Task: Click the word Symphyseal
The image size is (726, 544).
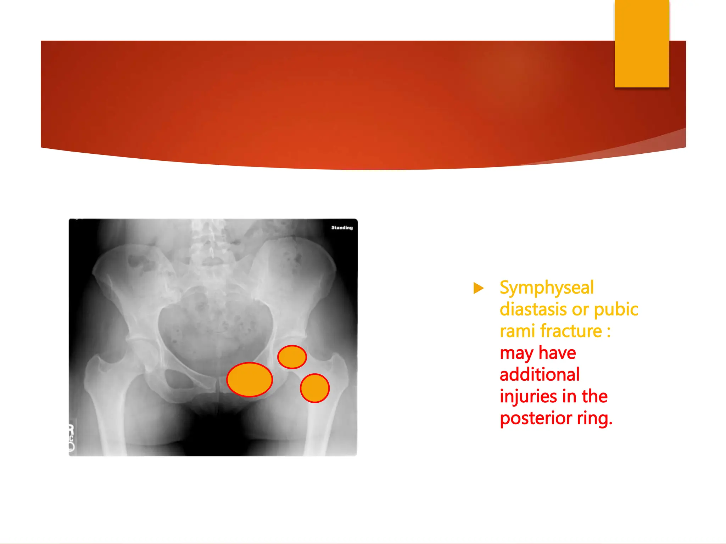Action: [x=546, y=288]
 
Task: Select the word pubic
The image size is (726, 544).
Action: [x=616, y=309]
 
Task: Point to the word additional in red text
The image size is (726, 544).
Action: [x=540, y=375]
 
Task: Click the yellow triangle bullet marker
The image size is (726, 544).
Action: [x=478, y=288]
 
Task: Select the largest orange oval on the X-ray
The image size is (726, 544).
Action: [x=250, y=379]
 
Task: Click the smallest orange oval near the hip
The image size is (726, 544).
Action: [x=292, y=357]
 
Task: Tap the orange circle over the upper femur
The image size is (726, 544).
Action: [x=315, y=388]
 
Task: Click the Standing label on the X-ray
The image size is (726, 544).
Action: [x=342, y=228]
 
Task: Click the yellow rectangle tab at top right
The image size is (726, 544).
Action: [x=642, y=43]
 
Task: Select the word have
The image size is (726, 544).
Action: [x=557, y=353]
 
